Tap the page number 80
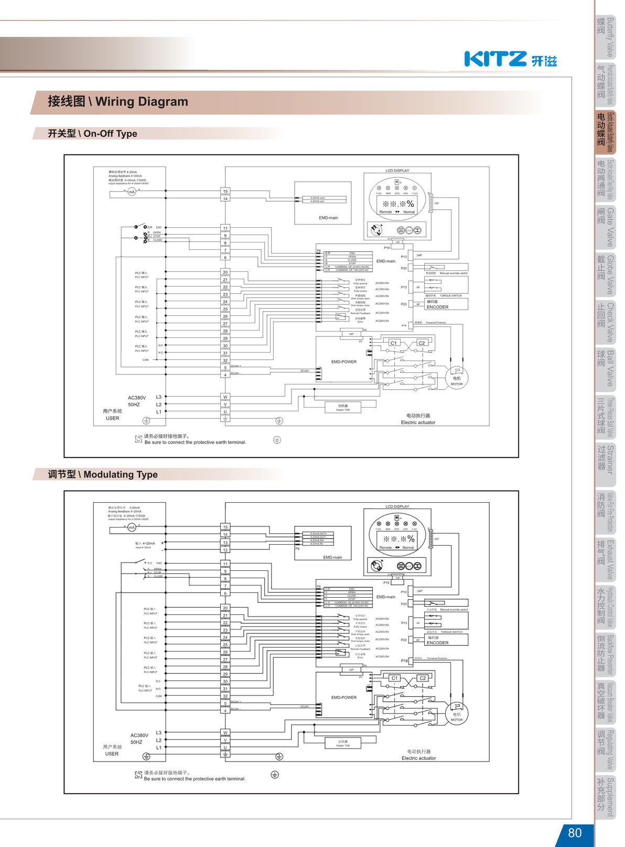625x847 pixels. (x=575, y=832)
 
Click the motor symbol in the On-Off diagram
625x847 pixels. (x=457, y=378)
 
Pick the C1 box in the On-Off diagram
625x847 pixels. (x=394, y=343)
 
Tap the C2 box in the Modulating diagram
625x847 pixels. (x=422, y=678)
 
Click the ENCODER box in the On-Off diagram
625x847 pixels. (x=446, y=304)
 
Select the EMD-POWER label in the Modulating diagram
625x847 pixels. (x=344, y=698)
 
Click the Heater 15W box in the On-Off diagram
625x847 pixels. (x=343, y=407)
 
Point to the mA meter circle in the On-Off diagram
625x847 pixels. (x=132, y=192)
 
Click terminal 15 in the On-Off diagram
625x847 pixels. (x=225, y=191)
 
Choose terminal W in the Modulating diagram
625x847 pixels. (x=225, y=733)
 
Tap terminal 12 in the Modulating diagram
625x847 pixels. (x=225, y=550)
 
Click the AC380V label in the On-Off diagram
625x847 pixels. (x=137, y=398)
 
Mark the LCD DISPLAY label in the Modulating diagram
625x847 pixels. (x=397, y=507)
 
